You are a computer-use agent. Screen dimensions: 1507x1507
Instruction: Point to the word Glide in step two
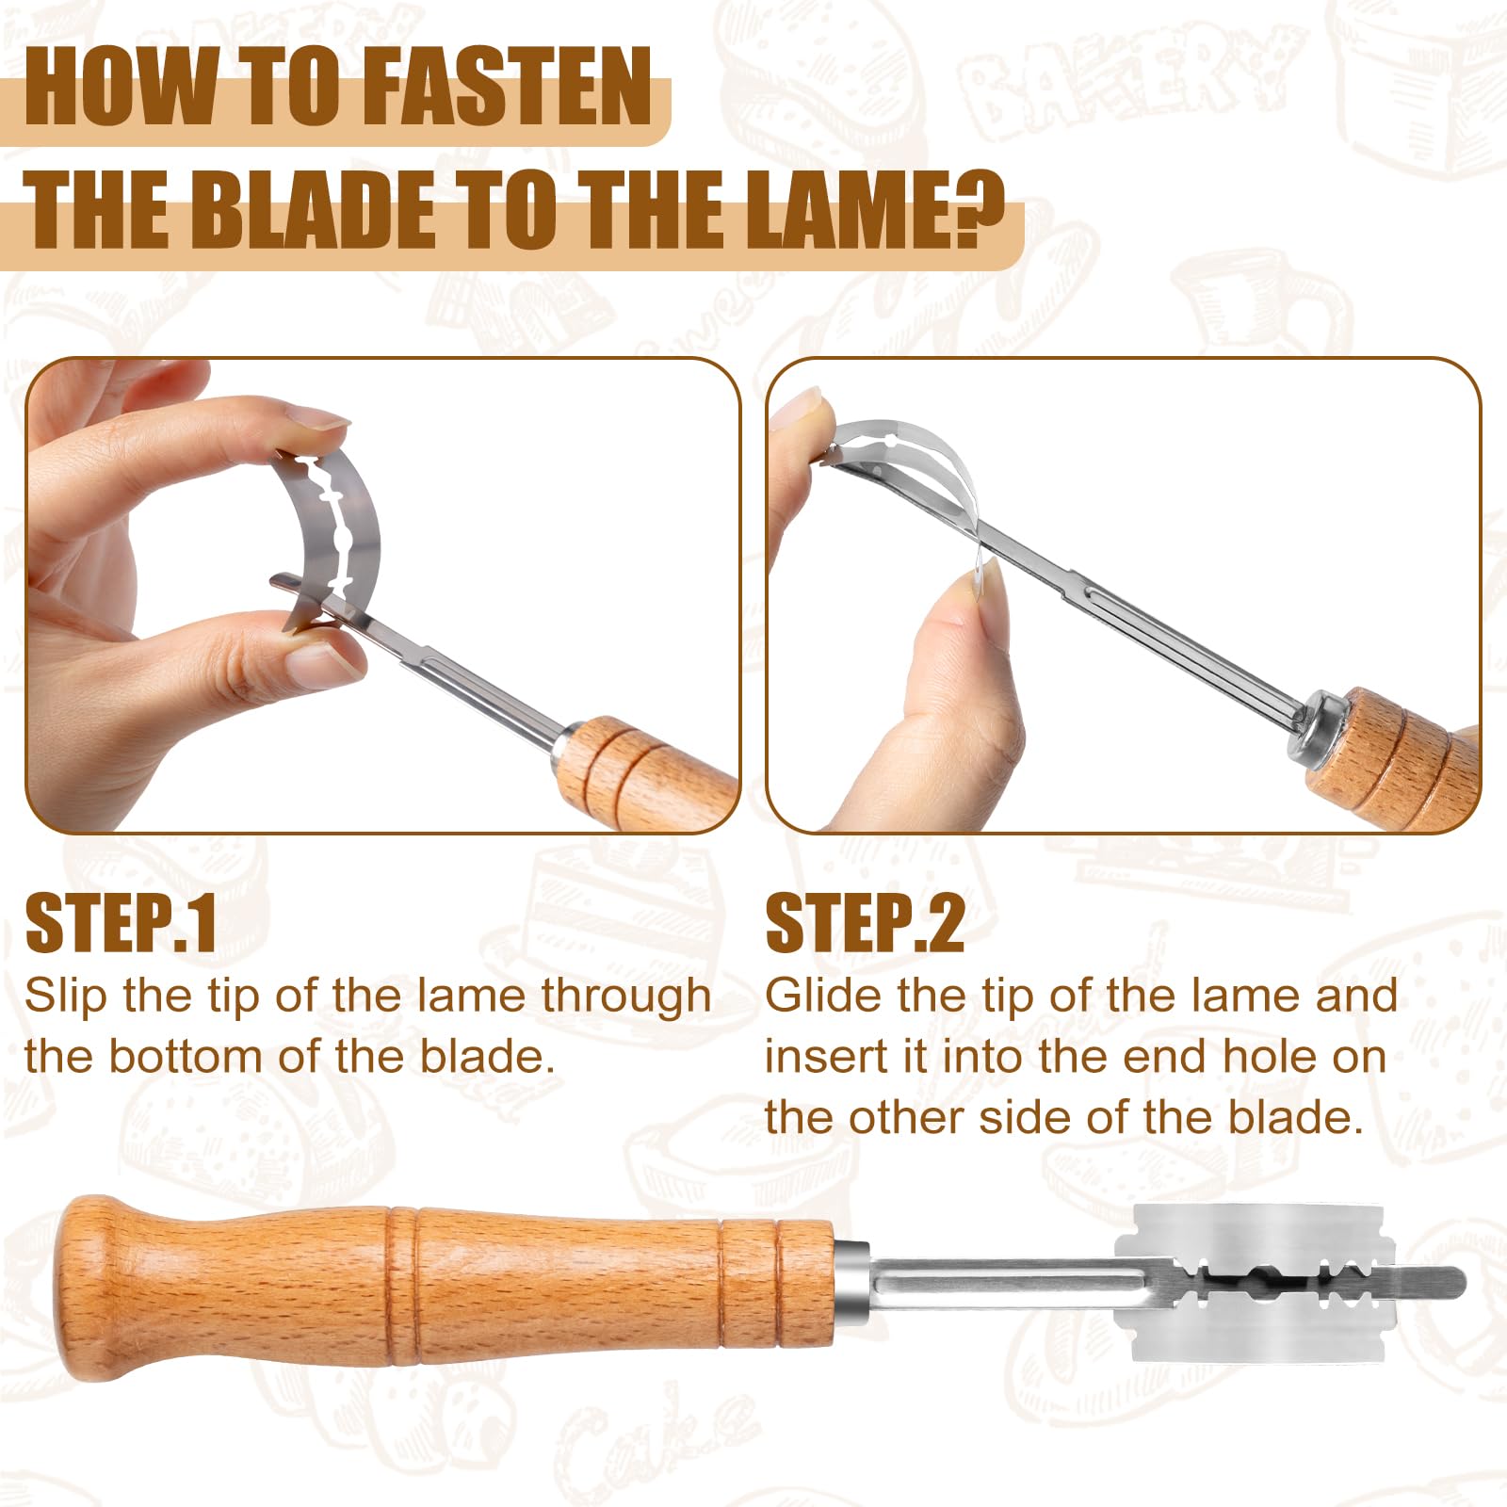click(823, 996)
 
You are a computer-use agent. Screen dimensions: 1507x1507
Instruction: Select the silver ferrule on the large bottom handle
click(851, 1281)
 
